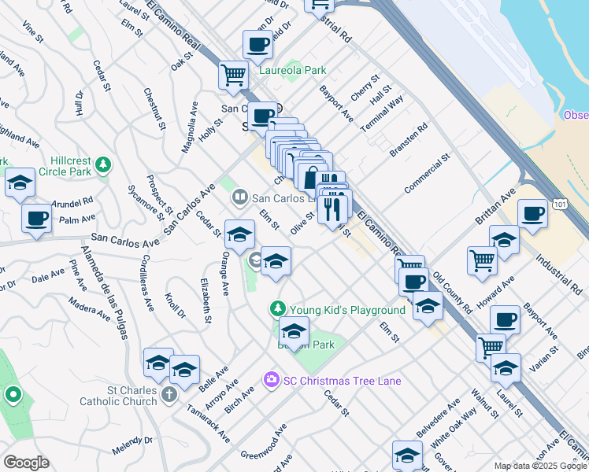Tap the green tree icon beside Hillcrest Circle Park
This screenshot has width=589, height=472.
[x=103, y=164]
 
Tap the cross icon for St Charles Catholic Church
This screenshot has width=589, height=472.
[x=168, y=395]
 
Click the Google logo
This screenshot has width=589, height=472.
[x=26, y=463]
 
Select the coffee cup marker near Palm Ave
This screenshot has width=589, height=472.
[x=36, y=218]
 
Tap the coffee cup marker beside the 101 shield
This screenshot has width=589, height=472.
[x=532, y=213]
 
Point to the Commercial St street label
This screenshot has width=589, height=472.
[x=426, y=174]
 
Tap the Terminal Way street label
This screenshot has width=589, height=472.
[x=382, y=113]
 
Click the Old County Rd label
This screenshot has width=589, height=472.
[x=451, y=292]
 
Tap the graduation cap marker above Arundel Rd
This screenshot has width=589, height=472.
[x=20, y=184]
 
